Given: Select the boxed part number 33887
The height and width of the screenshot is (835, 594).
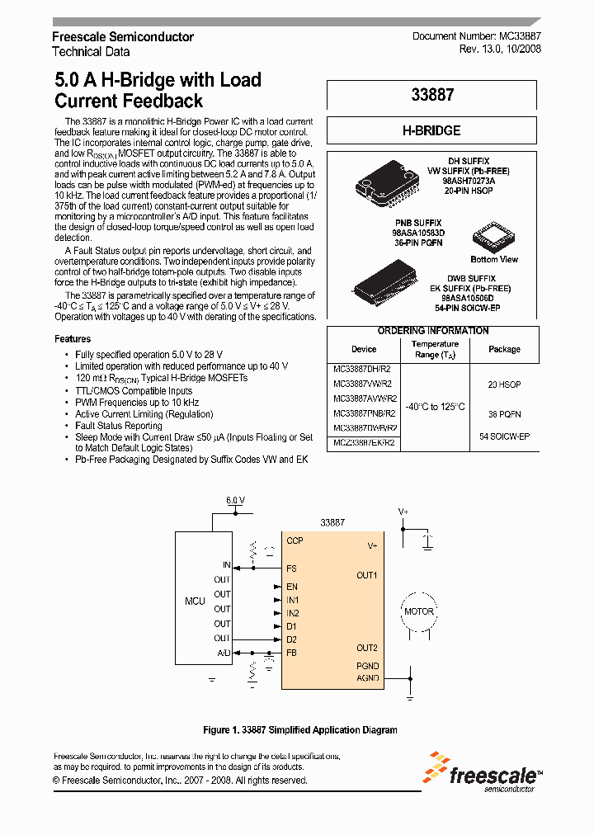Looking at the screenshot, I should click(432, 95).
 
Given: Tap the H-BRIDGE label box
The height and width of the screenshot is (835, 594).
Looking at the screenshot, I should click(432, 130).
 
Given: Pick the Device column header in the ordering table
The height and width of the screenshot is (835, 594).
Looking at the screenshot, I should click(364, 349).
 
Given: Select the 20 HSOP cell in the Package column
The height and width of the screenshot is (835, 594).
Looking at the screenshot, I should click(504, 384).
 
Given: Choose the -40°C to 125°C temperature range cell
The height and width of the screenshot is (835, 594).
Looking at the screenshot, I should click(435, 407).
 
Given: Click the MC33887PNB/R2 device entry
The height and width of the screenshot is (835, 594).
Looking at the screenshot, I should click(364, 413).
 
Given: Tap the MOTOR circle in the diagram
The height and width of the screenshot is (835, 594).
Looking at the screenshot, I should click(418, 612).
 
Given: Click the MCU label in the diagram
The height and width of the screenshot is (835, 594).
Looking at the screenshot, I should click(195, 601).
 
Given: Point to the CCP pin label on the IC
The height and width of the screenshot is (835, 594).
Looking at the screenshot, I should click(295, 540).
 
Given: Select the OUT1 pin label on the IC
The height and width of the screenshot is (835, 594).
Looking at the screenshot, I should click(367, 575).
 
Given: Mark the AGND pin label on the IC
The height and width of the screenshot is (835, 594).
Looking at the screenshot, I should click(368, 677).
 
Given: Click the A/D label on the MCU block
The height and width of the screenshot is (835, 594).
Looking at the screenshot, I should click(224, 653).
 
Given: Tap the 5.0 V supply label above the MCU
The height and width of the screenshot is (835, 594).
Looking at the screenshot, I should click(236, 501).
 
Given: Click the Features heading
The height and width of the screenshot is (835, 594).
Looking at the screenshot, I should click(73, 339).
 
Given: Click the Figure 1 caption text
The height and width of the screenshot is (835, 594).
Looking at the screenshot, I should click(300, 730).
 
